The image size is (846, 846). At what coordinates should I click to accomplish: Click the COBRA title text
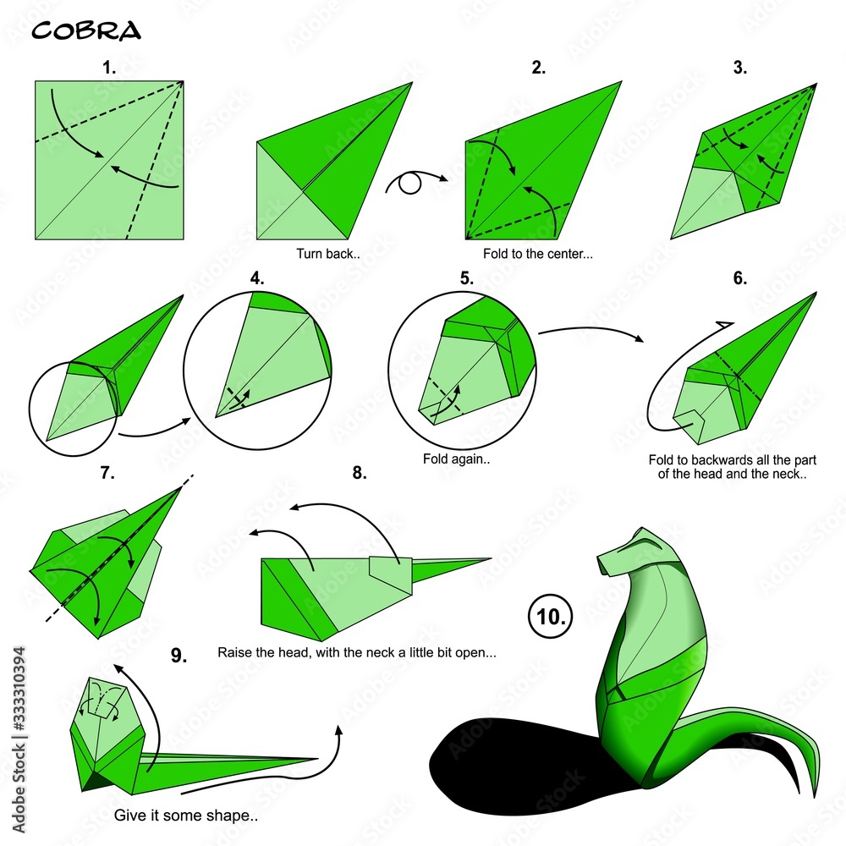click(x=86, y=30)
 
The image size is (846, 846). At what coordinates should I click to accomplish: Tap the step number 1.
click(x=109, y=68)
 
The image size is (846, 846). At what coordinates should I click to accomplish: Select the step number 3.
click(x=740, y=68)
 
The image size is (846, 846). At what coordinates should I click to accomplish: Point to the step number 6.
click(x=740, y=277)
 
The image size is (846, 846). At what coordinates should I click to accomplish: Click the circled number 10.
click(x=551, y=616)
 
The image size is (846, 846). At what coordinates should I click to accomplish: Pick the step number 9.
click(x=179, y=655)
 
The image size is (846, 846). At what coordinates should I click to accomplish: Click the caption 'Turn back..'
click(x=328, y=254)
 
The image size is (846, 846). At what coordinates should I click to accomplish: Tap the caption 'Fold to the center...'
click(x=537, y=254)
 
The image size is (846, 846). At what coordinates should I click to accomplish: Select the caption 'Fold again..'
click(x=456, y=459)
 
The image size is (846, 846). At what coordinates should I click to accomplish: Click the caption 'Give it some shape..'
click(x=185, y=816)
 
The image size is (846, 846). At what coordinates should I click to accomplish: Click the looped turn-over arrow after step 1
click(x=415, y=182)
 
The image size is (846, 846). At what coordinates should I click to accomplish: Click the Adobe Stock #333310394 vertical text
click(x=19, y=739)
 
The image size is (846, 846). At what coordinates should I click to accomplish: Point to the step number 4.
click(x=257, y=277)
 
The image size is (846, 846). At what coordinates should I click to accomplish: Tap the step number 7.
click(x=107, y=473)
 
